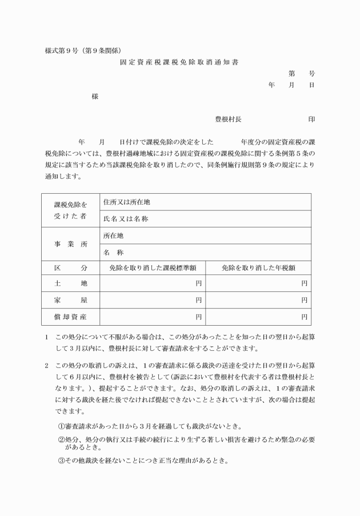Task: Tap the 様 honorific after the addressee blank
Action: (x=95, y=97)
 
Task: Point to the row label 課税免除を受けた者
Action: (x=71, y=210)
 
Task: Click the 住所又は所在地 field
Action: (x=127, y=202)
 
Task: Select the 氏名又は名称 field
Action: (x=126, y=219)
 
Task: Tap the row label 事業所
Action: (x=71, y=244)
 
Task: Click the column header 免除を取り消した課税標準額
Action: (x=153, y=267)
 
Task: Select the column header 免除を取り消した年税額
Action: (x=258, y=267)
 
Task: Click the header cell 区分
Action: (x=71, y=267)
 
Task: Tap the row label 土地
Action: (x=71, y=283)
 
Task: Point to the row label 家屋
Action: (x=71, y=299)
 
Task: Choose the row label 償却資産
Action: (x=71, y=315)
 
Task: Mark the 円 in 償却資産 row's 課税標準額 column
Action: (x=199, y=315)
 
